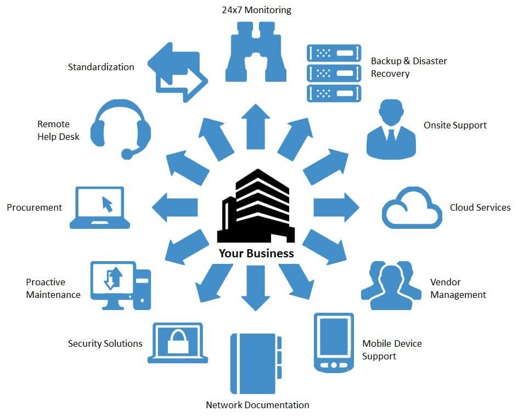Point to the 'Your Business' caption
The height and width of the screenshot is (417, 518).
[256, 253]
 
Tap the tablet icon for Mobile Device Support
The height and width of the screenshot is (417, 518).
[333, 342]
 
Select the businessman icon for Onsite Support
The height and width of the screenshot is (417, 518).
[390, 130]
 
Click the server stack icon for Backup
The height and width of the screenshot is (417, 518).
[334, 73]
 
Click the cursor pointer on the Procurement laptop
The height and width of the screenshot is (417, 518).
[107, 204]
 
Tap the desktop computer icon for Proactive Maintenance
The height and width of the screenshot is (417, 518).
[120, 285]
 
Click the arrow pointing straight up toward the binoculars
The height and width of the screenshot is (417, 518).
[256, 126]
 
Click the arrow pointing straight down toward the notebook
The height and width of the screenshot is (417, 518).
[256, 288]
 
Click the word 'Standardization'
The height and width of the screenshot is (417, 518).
[101, 67]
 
